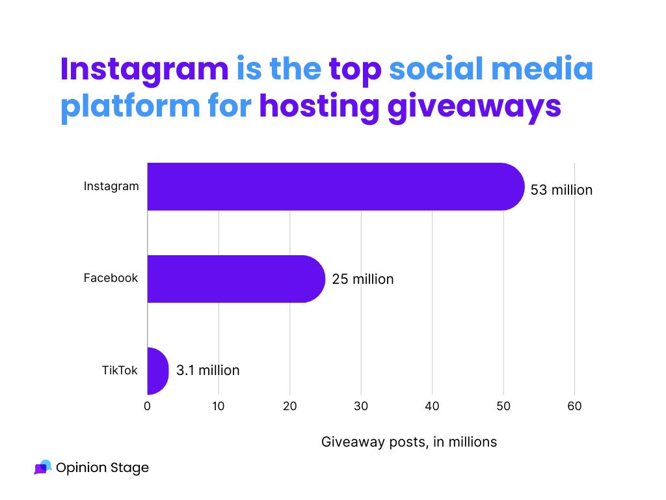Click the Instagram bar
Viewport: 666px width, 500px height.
point(335,187)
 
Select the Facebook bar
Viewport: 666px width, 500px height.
point(235,279)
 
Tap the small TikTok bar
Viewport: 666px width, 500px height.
point(157,371)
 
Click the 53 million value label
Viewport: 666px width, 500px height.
point(561,190)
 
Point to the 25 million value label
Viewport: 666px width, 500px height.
point(362,279)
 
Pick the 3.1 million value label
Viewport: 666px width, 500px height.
point(207,370)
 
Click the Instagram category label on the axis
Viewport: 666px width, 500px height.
point(111,186)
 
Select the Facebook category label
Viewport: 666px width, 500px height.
point(111,278)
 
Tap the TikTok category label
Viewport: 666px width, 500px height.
point(120,370)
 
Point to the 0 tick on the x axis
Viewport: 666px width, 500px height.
point(148,406)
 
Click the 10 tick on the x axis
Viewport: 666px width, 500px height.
point(219,406)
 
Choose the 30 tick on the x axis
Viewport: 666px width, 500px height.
point(361,406)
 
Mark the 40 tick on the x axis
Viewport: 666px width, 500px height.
point(432,406)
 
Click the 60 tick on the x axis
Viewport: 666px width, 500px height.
point(574,406)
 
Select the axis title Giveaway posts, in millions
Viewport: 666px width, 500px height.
point(409,442)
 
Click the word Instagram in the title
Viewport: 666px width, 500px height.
point(144,70)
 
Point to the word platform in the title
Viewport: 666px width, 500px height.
point(130,107)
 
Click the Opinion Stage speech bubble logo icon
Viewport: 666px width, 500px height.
point(42,467)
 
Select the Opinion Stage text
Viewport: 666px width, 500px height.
point(102,467)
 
